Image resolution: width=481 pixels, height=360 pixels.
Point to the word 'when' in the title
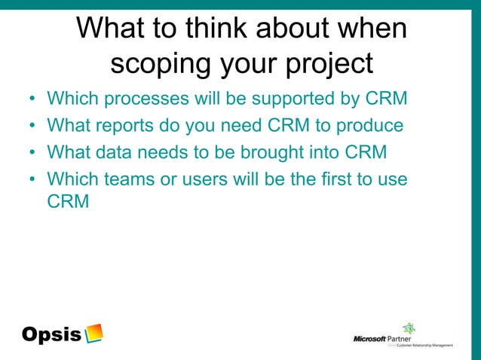[375, 29]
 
